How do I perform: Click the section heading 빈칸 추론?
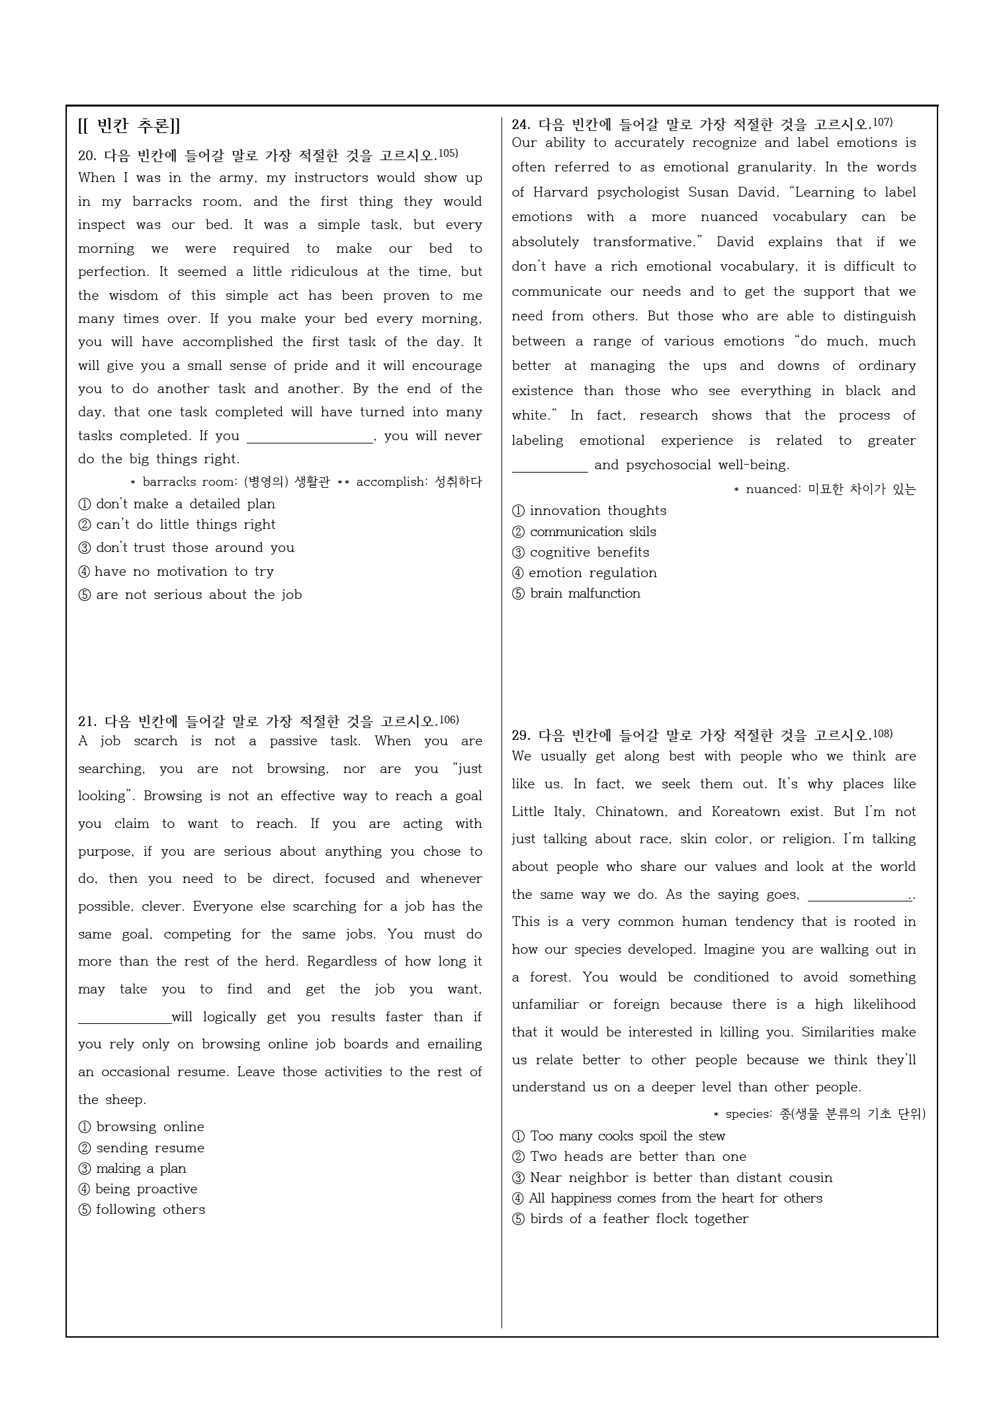point(129,126)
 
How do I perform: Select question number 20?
point(87,156)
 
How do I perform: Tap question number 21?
point(87,721)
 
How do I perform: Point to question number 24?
point(521,124)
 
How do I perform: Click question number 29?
point(521,735)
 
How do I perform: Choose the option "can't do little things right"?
point(185,525)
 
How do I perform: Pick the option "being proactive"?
point(146,1189)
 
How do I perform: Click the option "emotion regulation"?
point(593,573)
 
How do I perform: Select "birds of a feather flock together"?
point(639,1218)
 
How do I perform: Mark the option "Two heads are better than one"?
point(638,1156)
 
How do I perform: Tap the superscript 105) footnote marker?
point(448,154)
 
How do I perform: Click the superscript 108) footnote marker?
point(883,733)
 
